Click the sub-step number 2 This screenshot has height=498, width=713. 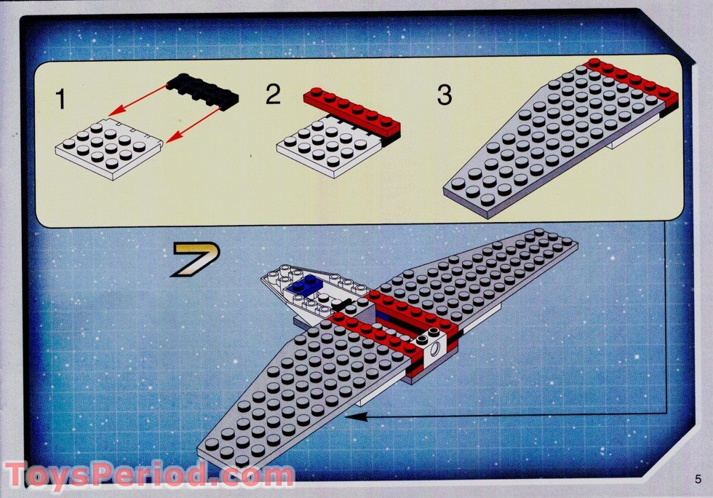coord(273,94)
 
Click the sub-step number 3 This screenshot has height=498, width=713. coord(444,95)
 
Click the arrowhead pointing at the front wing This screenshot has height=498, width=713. coord(351,416)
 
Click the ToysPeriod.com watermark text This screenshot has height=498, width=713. coord(149,475)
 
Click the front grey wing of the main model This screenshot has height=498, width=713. coord(306,386)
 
